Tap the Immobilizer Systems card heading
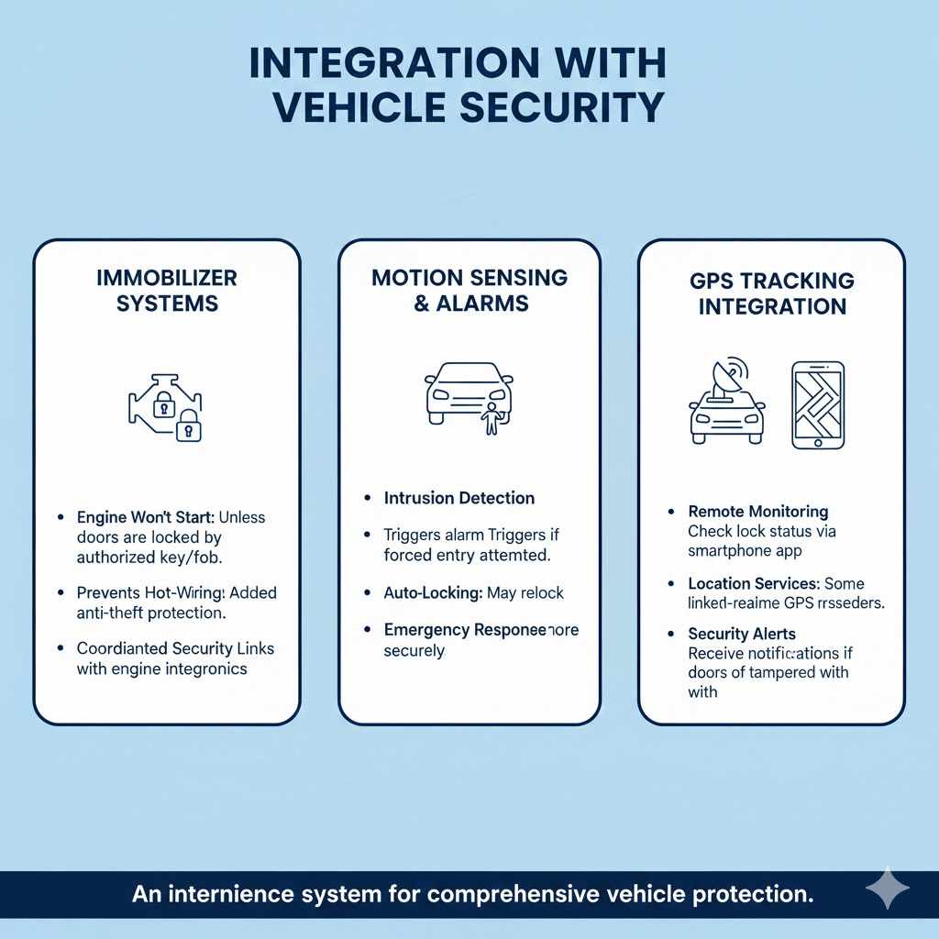(167, 290)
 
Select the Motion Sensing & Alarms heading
(469, 290)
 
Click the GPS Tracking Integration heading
(771, 293)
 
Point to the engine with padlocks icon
(166, 408)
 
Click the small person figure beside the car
(492, 417)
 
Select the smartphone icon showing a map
(818, 404)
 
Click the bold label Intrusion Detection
(459, 498)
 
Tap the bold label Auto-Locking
(433, 593)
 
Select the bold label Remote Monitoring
(745, 512)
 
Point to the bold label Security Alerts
(742, 634)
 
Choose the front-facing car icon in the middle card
(469, 392)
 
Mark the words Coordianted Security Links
(175, 648)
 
